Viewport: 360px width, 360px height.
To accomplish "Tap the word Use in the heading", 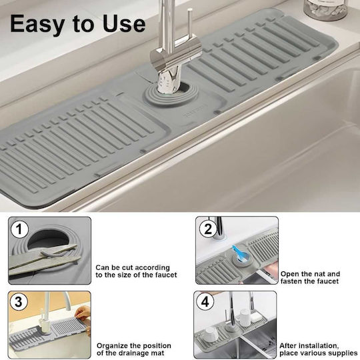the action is click(x=124, y=23).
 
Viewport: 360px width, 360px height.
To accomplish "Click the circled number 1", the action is click(x=19, y=229).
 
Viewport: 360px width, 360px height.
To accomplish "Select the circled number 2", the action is click(x=208, y=229).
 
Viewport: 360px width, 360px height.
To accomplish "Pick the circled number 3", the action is click(x=19, y=301).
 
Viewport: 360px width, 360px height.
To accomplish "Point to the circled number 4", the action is click(x=205, y=301).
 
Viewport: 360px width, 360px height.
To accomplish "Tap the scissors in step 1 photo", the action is click(x=44, y=260).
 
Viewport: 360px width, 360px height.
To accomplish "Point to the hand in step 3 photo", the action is click(x=83, y=313).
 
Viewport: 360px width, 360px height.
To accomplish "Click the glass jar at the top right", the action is click(x=325, y=9).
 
